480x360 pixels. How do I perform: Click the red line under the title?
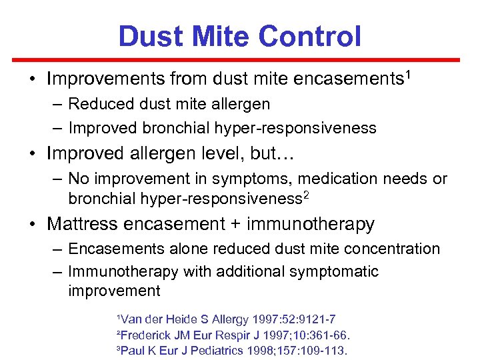240,60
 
